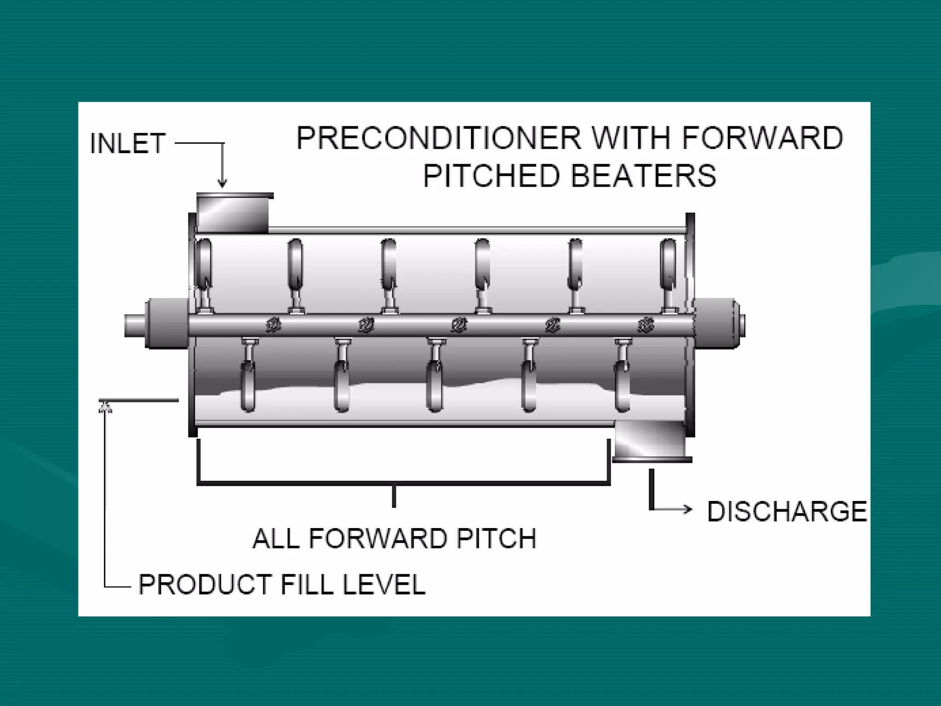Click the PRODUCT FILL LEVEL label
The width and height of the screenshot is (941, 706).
click(x=282, y=584)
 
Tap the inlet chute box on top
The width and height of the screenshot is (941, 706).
click(x=233, y=212)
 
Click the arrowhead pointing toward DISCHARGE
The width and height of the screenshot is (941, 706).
click(x=687, y=508)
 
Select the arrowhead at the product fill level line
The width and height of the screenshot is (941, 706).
click(x=105, y=406)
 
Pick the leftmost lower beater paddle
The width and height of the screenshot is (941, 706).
click(x=248, y=386)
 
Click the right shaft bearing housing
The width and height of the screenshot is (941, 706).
click(x=717, y=323)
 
